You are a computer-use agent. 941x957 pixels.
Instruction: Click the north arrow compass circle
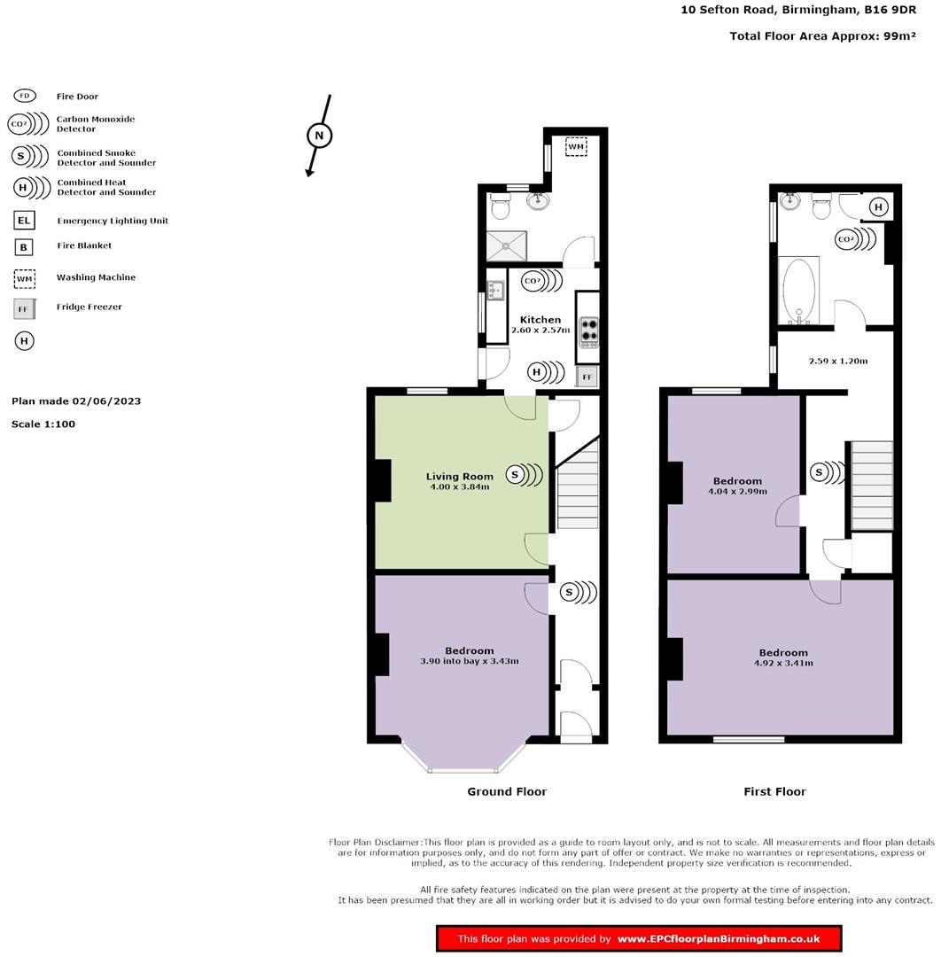320,136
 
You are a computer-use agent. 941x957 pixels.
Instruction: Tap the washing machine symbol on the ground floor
576,146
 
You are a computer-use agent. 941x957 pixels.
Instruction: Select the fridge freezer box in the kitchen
586,377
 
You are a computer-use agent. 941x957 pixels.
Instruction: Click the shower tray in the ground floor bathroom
507,245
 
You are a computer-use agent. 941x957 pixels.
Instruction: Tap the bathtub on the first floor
800,291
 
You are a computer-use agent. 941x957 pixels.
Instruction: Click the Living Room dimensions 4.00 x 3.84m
459,486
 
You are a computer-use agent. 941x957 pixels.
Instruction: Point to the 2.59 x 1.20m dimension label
838,361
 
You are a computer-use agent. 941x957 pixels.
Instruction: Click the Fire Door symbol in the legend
25,96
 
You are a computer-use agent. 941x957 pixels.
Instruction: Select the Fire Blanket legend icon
24,247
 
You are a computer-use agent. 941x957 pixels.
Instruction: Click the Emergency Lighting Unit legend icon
24,221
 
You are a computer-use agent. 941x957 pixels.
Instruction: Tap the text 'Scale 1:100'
43,424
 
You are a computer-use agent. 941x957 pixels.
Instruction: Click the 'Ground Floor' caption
507,791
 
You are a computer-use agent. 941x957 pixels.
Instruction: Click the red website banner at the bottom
638,938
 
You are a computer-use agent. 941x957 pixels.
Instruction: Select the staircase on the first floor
871,486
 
